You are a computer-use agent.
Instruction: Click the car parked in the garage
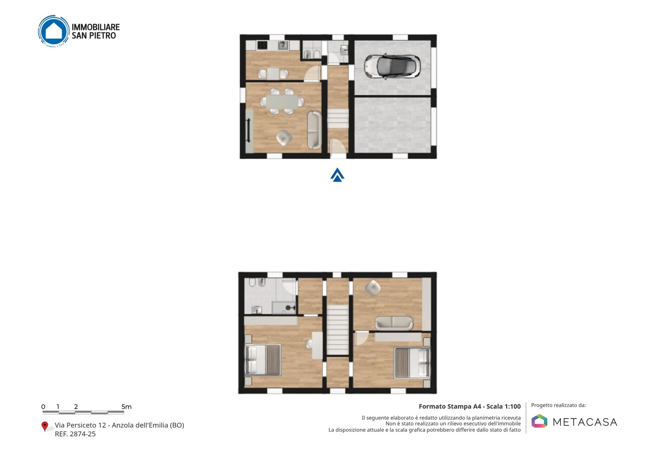(392, 66)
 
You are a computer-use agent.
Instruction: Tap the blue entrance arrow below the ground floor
(337, 175)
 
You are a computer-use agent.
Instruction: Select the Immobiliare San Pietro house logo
(53, 31)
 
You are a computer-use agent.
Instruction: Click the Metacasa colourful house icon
(539, 421)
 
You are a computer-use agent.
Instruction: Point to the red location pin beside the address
(44, 427)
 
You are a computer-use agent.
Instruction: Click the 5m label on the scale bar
(126, 407)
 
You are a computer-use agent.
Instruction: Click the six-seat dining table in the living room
(282, 101)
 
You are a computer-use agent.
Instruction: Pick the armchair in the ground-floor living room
(284, 138)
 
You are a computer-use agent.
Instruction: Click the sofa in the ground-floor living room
(314, 130)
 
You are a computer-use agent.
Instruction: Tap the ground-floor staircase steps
(338, 119)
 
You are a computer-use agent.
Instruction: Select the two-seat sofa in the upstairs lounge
(394, 323)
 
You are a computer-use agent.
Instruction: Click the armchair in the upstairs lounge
(373, 288)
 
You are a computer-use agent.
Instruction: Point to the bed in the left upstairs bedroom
(263, 360)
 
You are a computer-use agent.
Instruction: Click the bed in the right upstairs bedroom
(412, 363)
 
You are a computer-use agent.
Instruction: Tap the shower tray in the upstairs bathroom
(284, 307)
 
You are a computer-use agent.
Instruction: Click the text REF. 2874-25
(75, 434)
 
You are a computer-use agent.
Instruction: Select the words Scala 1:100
(503, 407)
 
